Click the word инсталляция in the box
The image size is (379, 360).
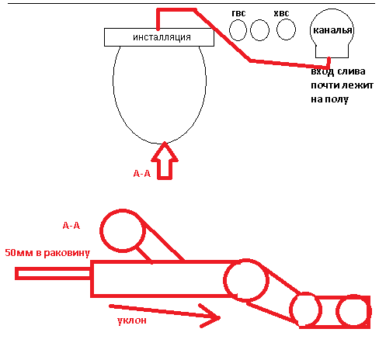162,37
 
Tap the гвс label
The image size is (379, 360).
238,13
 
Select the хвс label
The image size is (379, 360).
281,13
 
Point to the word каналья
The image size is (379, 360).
332,30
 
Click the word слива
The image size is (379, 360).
352,71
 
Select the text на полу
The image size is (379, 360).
329,99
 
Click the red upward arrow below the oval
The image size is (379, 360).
165,161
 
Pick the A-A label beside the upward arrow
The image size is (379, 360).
142,173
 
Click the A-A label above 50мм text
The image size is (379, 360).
71,226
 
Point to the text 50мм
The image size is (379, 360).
19,253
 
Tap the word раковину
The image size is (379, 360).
67,253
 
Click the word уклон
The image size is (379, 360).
132,320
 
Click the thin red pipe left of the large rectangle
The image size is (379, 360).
53,274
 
